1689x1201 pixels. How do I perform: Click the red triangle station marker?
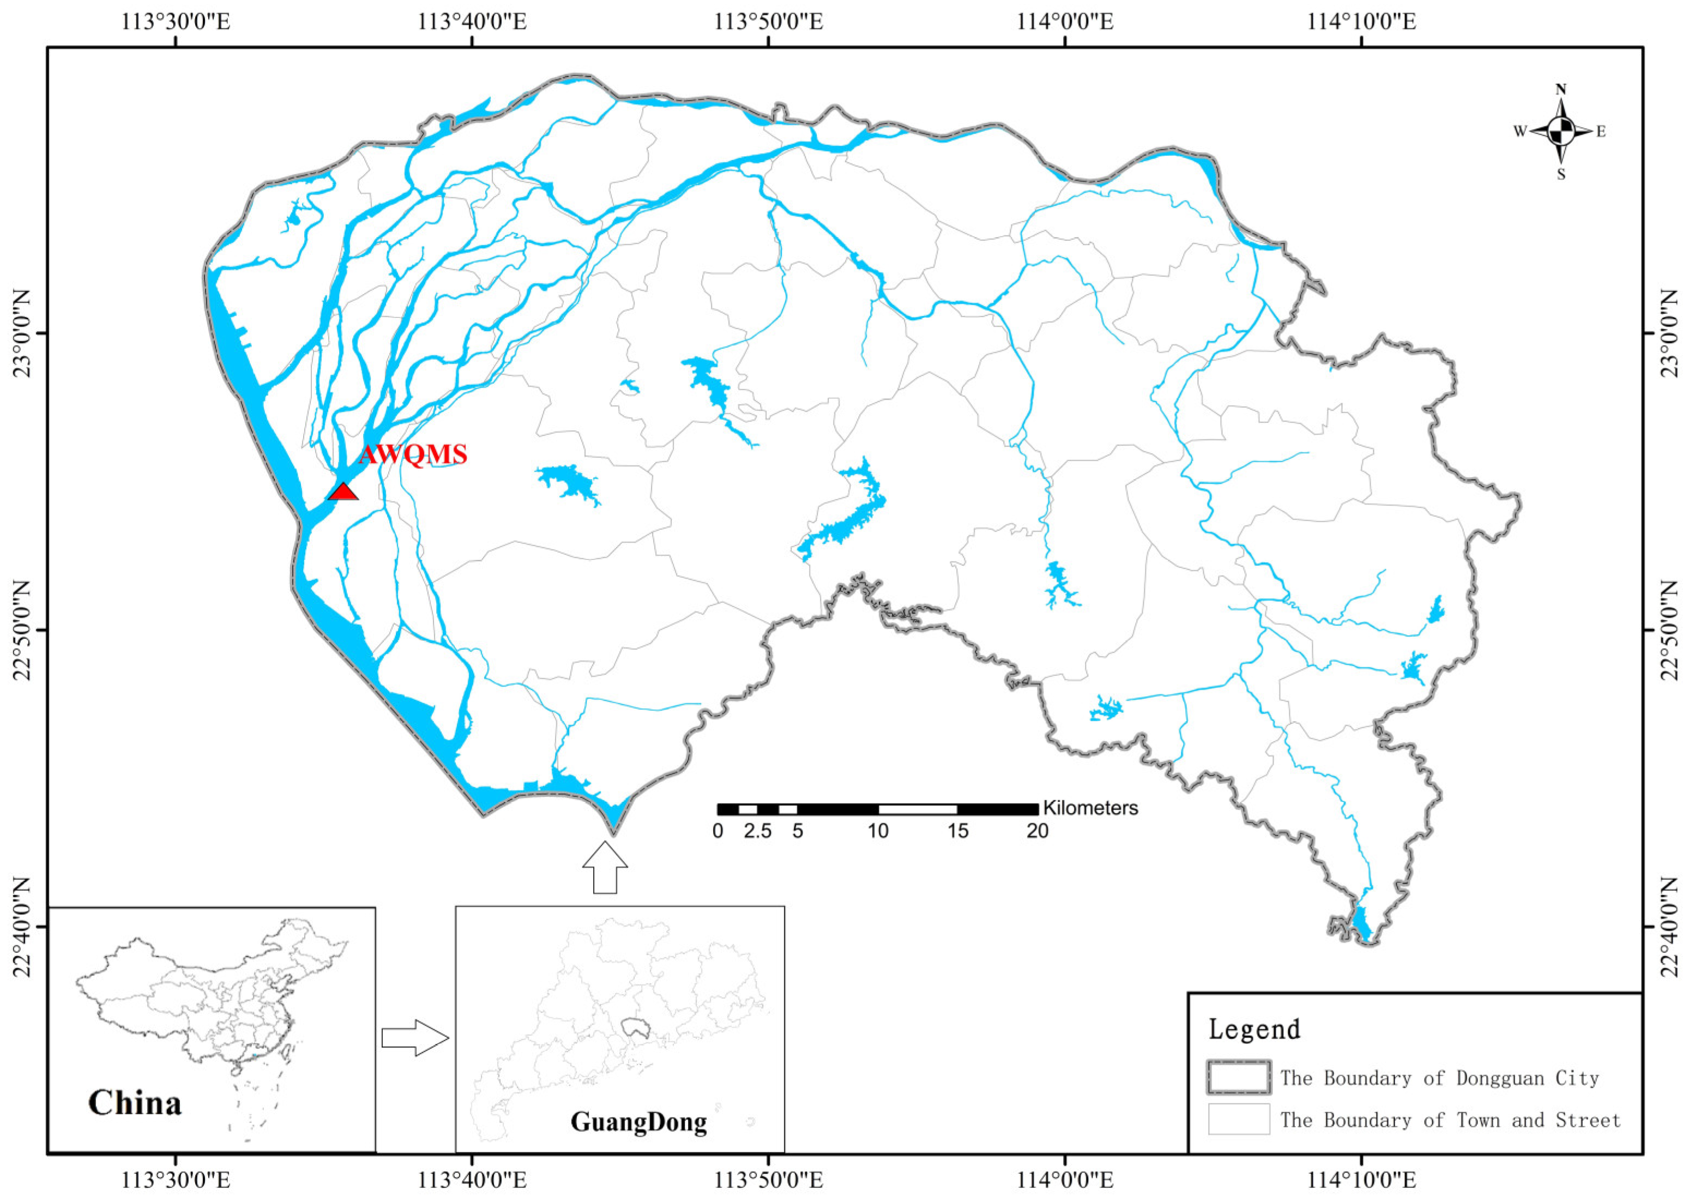(x=343, y=492)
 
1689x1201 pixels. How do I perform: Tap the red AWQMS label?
(x=413, y=454)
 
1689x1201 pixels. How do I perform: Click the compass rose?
(x=1560, y=131)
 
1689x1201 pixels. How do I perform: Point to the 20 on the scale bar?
(x=1037, y=831)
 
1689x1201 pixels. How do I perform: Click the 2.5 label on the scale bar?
(x=757, y=831)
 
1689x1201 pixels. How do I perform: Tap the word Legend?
(x=1254, y=1029)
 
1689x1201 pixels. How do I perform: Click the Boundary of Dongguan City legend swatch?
(x=1239, y=1077)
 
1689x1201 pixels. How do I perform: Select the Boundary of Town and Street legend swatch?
(x=1239, y=1119)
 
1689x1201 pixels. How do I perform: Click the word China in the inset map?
(x=135, y=1103)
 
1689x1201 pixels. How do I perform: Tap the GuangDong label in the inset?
(x=638, y=1122)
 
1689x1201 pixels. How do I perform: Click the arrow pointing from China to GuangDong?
(x=415, y=1037)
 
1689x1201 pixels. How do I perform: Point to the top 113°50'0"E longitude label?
(x=768, y=21)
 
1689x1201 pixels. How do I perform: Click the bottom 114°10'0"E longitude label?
(x=1361, y=1179)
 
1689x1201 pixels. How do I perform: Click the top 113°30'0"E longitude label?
(x=176, y=21)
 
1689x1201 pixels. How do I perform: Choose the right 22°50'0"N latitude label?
(x=1668, y=630)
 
